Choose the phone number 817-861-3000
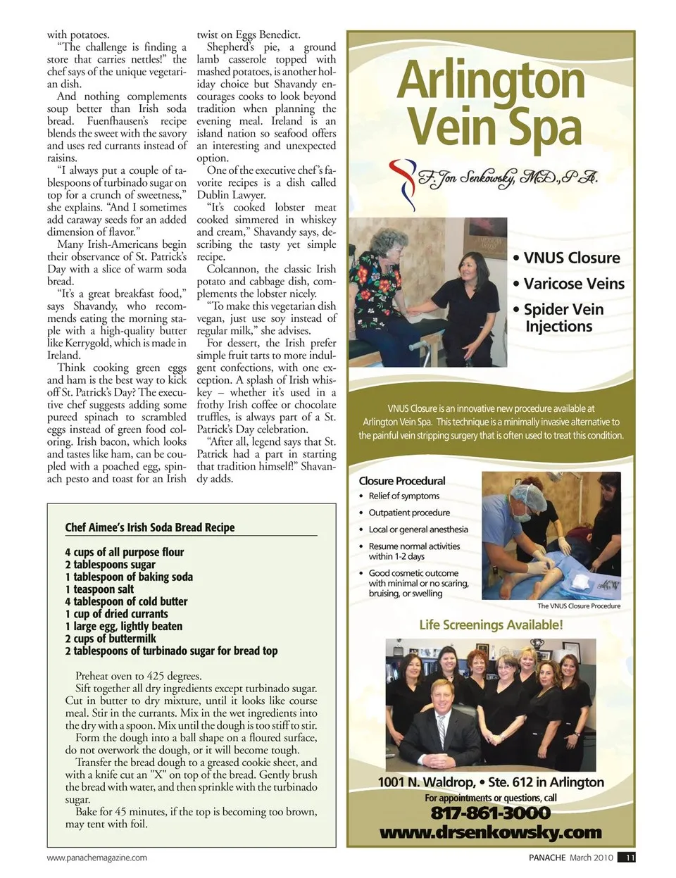pos(490,813)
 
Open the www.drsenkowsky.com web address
pos(490,832)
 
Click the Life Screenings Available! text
pos(491,625)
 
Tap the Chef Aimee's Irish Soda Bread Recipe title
pos(150,527)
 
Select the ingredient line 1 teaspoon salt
pos(99,589)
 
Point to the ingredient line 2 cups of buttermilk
pos(111,639)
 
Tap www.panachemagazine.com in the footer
pos(97,858)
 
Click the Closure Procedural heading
pos(402,481)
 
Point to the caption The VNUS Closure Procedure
pos(579,606)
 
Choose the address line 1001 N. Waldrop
pos(491,782)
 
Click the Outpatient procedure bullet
pos(409,513)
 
